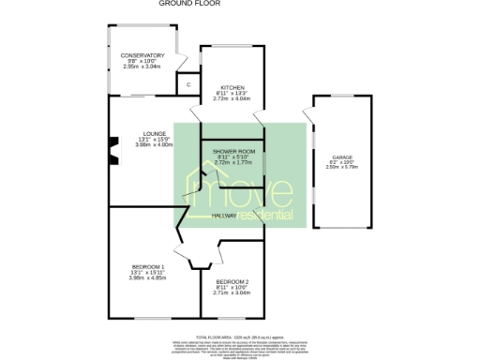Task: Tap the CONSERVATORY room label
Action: (x=142, y=55)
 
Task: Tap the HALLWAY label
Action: (x=223, y=216)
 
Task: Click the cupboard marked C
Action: (x=188, y=85)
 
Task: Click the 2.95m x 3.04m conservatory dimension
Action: (x=142, y=67)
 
